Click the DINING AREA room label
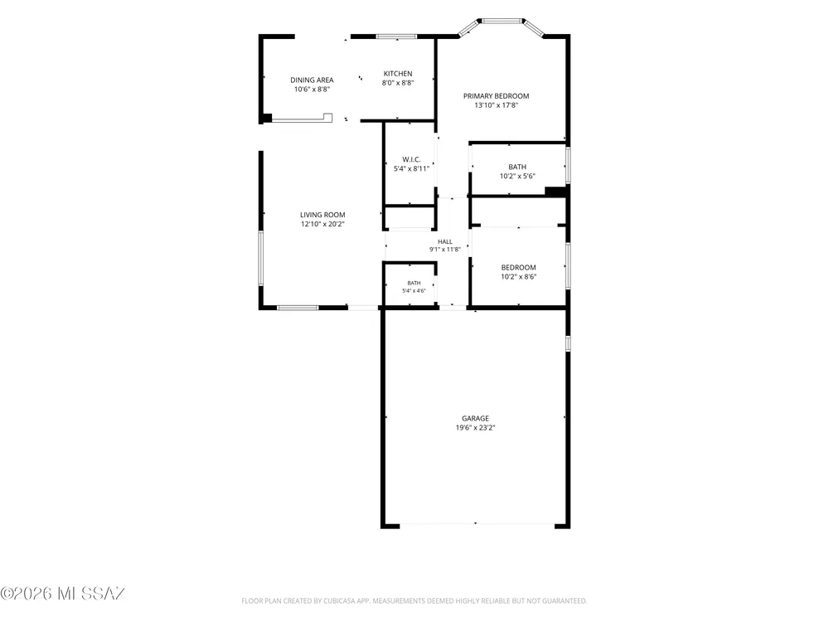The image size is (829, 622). click(x=312, y=80)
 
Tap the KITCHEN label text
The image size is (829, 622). click(x=398, y=74)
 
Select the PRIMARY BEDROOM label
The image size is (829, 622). click(x=496, y=95)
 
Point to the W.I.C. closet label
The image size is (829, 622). click(x=411, y=159)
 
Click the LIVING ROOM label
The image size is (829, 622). click(x=322, y=215)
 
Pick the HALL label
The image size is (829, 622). click(x=445, y=241)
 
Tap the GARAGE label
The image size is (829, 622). click(x=475, y=418)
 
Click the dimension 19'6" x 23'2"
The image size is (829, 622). click(x=475, y=428)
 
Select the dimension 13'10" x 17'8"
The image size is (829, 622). click(x=496, y=105)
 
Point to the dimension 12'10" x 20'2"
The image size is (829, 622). click(x=322, y=224)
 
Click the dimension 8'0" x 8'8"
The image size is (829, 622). click(x=398, y=83)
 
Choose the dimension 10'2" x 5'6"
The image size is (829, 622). click(x=517, y=176)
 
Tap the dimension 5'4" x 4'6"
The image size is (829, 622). click(x=414, y=291)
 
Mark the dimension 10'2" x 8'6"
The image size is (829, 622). click(x=519, y=277)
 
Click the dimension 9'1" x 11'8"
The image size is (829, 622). click(x=445, y=250)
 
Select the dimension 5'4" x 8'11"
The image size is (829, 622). click(x=411, y=168)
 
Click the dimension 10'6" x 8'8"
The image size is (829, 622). click(x=312, y=90)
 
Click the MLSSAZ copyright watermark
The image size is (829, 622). click(x=63, y=594)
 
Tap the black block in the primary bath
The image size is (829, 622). click(x=555, y=192)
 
